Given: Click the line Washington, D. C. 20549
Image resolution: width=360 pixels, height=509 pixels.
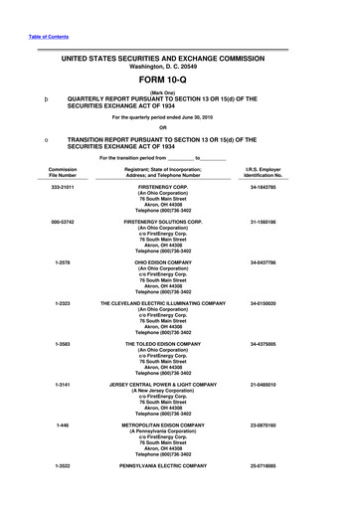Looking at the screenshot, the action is coord(179,69).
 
